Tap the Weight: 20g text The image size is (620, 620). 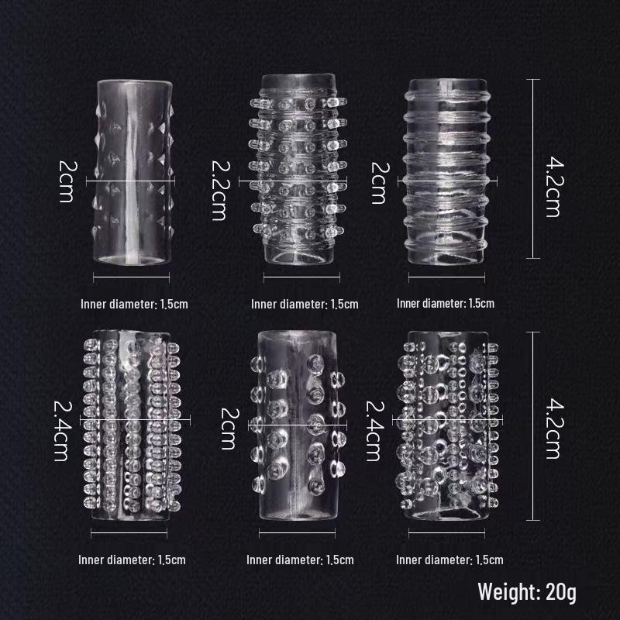(x=527, y=592)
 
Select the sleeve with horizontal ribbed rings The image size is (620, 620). (x=446, y=171)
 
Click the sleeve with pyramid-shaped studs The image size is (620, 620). (x=133, y=172)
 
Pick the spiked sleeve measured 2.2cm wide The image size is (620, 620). (x=298, y=169)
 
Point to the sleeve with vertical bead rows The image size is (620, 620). (x=132, y=425)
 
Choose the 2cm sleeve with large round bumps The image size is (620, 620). (x=298, y=425)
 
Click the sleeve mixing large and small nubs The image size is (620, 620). (x=447, y=425)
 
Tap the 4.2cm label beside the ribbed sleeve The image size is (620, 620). (x=553, y=187)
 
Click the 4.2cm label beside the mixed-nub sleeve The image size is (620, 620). (x=553, y=429)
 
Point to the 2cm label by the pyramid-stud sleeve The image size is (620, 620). (x=67, y=181)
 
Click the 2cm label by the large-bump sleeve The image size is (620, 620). (x=229, y=429)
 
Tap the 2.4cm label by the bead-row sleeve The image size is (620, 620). (x=62, y=431)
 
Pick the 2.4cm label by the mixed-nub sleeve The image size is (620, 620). (x=374, y=431)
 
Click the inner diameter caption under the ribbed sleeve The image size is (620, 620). (x=445, y=303)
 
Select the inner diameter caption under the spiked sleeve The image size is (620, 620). (x=305, y=304)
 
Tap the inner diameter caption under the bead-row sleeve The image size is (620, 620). (x=132, y=560)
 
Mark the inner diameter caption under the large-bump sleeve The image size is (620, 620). (x=300, y=560)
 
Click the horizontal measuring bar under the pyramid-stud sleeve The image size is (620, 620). (x=131, y=277)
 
